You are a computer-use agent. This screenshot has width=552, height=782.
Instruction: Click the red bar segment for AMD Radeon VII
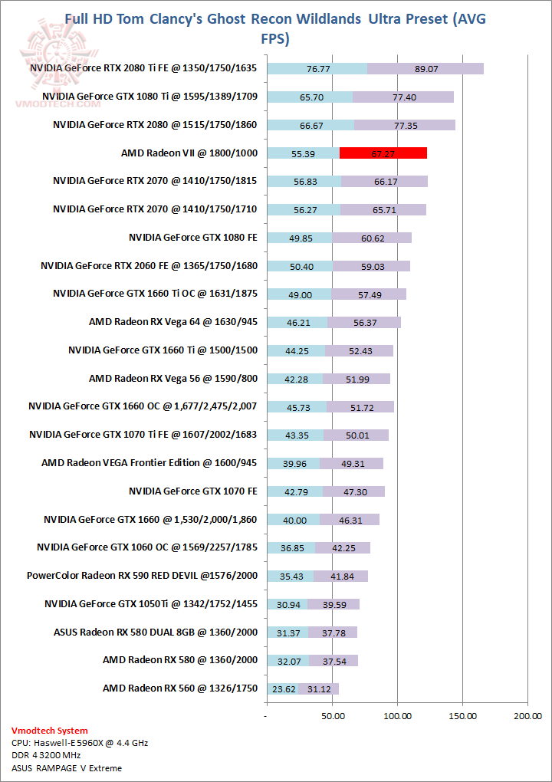pos(383,153)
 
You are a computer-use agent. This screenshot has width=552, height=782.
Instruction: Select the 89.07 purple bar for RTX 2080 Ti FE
pos(426,68)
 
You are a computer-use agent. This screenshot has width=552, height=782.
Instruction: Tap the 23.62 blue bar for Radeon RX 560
pos(282,688)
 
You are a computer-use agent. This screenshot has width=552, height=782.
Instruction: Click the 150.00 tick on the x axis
pos(463,715)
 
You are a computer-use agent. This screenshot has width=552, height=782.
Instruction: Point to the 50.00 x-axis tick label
pos(332,715)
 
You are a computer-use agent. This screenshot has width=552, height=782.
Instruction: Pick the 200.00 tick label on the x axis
pos(528,715)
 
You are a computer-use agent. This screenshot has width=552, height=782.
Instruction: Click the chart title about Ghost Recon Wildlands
pos(275,28)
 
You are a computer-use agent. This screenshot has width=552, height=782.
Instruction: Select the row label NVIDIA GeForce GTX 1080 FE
pos(193,238)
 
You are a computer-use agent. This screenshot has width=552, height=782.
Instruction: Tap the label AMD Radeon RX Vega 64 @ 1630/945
pos(173,322)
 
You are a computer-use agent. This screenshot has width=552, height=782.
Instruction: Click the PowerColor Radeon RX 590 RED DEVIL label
pos(142,576)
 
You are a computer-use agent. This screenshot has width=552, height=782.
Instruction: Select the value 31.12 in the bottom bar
pos(318,688)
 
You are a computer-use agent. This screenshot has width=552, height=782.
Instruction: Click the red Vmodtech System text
pos(50,731)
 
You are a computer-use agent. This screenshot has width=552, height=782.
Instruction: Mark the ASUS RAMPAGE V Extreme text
pos(67,767)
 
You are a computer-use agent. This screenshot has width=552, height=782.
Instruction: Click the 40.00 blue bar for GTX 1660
pos(294,520)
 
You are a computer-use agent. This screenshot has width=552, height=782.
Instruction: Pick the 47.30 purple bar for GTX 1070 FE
pos(352,491)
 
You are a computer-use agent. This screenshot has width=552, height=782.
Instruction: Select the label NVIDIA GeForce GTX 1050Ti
pos(151,604)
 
